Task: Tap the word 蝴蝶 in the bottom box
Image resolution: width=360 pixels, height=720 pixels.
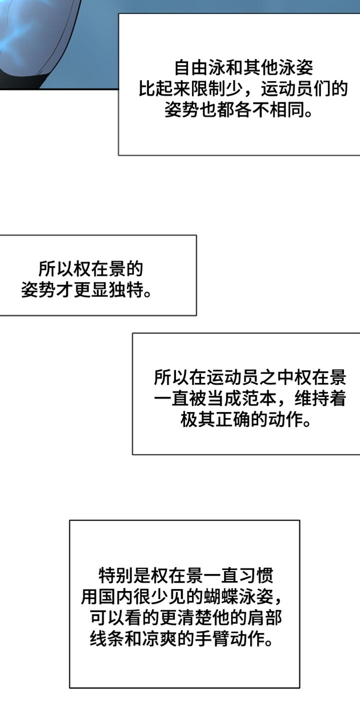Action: (x=220, y=596)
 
